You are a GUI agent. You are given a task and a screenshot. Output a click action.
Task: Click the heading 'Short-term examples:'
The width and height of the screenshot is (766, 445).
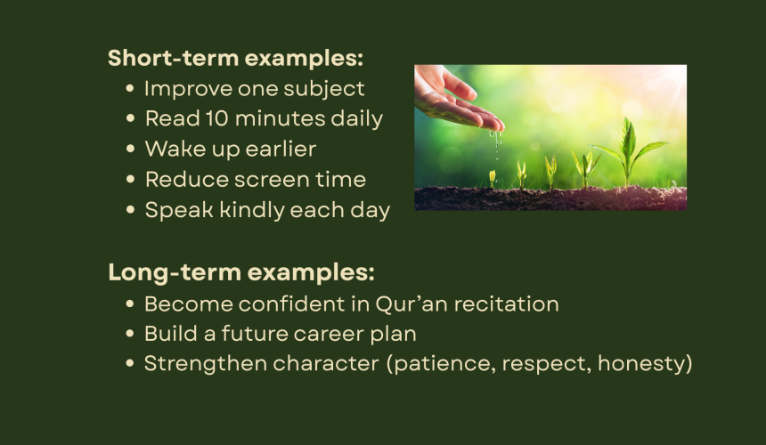pyautogui.click(x=235, y=58)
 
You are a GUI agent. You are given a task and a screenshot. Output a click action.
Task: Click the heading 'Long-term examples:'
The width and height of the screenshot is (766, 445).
pyautogui.click(x=241, y=272)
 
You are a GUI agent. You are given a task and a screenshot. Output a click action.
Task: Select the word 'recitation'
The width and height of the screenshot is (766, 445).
pyautogui.click(x=506, y=304)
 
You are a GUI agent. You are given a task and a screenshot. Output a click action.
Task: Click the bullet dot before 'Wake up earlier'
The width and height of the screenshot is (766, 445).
pyautogui.click(x=130, y=149)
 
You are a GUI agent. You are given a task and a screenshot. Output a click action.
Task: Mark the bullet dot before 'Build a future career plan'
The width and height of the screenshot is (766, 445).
pyautogui.click(x=129, y=335)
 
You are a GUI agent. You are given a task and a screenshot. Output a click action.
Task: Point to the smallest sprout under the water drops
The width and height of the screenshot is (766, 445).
pyautogui.click(x=492, y=179)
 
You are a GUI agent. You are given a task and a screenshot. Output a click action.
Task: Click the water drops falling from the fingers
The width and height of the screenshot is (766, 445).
pyautogui.click(x=497, y=145)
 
